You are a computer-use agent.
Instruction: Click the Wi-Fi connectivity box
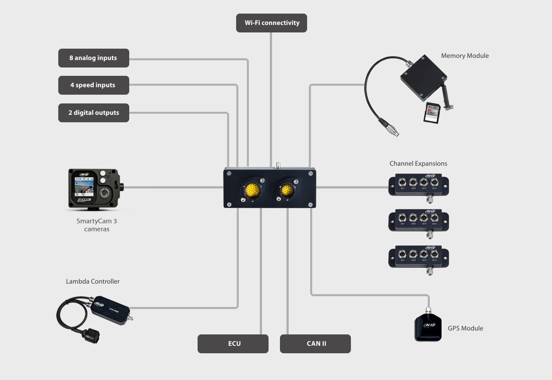pos(272,23)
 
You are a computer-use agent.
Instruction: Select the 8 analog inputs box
pos(93,58)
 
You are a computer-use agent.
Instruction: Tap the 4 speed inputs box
pos(93,85)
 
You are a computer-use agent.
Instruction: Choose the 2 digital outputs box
pos(93,113)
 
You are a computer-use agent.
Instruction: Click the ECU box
pos(233,344)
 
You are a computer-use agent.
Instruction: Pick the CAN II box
pos(315,344)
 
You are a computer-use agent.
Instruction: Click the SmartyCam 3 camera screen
pos(84,188)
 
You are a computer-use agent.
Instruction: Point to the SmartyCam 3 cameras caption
pos(96,225)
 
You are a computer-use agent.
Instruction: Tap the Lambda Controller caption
pos(93,281)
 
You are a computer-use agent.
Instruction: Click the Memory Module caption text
pos(465,56)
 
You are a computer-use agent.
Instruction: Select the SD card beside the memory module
pos(432,113)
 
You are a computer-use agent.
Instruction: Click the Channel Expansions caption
pos(418,163)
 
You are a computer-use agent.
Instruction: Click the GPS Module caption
pos(465,328)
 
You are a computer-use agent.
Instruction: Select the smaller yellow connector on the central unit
pos(287,190)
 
